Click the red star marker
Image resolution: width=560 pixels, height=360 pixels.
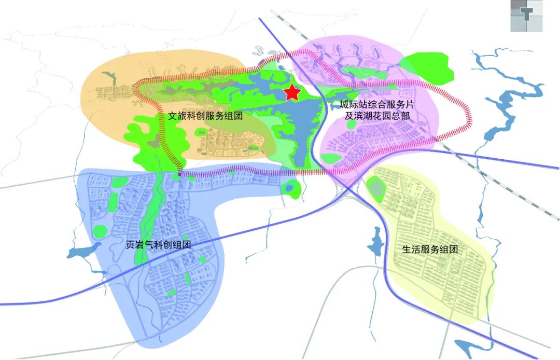pos(292,92)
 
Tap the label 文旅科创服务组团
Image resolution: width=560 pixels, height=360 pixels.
pos(206,117)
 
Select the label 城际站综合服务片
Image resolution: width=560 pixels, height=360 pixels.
pos(377,105)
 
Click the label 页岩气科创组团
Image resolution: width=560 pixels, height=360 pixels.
pos(159,244)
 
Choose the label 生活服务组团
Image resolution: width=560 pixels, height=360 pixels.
pos(430,249)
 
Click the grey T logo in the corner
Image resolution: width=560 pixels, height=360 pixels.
pos(526,16)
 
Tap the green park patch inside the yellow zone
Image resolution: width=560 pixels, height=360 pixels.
pos(377,189)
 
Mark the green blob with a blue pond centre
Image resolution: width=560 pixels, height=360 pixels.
pos(291,187)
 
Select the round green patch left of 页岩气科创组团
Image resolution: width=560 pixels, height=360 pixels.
pos(100,231)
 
